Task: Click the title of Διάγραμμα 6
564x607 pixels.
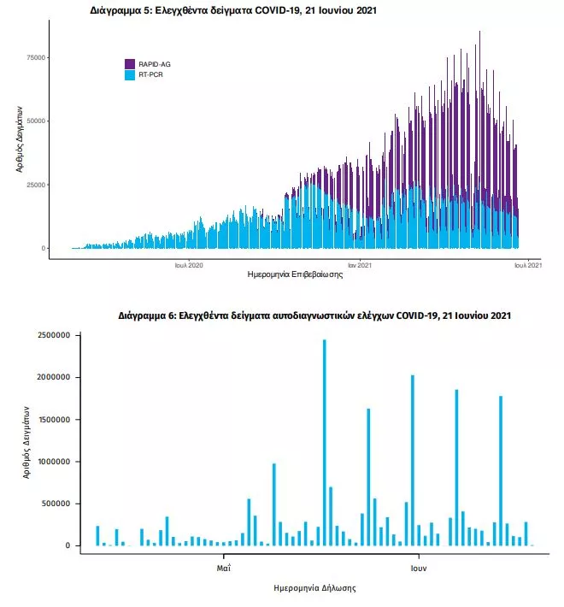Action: point(314,316)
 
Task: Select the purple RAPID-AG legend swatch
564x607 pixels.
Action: point(130,64)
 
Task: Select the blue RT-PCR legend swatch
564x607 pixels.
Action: point(130,75)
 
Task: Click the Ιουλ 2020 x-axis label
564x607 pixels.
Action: point(189,265)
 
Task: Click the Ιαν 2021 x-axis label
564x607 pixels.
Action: point(359,265)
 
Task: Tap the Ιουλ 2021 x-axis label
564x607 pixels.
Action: point(527,265)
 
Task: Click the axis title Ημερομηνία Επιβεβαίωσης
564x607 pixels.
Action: point(294,275)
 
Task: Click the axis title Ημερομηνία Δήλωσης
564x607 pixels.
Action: point(314,588)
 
